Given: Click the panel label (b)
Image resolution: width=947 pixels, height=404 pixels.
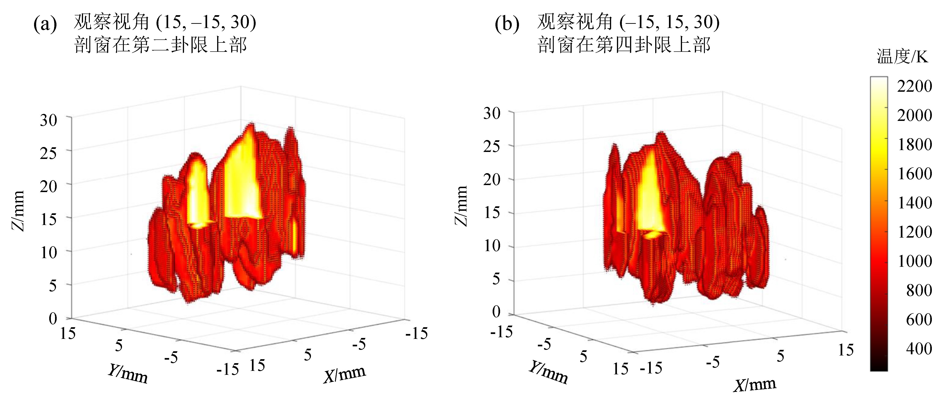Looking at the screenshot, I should [x=507, y=24].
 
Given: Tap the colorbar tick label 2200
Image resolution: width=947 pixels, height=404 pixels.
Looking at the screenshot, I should [x=914, y=86].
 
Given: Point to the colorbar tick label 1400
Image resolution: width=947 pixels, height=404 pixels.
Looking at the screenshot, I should [x=915, y=203].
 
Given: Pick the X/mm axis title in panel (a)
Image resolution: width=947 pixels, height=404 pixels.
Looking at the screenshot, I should [x=345, y=375].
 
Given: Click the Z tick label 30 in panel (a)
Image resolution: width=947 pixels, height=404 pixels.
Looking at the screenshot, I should [x=49, y=120].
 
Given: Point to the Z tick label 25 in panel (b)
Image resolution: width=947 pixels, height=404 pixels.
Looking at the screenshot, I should [x=491, y=146].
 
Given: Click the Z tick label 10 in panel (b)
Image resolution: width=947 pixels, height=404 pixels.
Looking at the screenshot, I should [x=491, y=246].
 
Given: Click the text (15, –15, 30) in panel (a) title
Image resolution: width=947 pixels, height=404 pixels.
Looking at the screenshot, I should [x=206, y=22].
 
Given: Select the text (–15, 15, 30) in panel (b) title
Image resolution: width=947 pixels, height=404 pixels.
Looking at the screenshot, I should [x=669, y=22].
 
